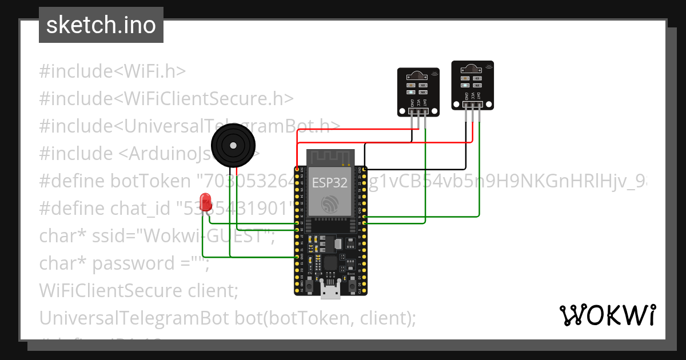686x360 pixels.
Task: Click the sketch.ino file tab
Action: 101,25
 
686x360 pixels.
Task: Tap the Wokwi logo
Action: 607,315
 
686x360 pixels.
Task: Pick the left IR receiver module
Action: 419,91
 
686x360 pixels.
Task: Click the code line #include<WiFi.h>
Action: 113,71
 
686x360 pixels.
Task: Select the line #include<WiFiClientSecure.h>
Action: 166,98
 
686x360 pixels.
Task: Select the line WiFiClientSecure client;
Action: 138,290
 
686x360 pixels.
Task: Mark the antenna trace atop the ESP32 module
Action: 330,158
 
